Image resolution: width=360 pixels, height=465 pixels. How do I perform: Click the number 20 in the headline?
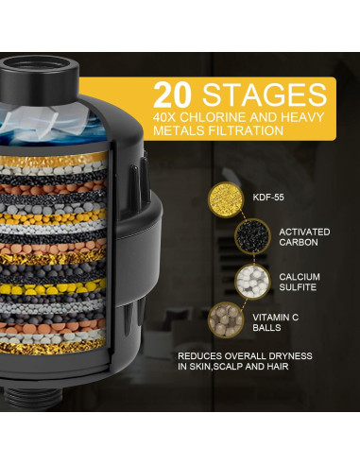(173, 95)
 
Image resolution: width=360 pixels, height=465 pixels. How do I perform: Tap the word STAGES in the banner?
(265, 95)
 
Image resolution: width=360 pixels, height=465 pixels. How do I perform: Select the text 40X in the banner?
(164, 117)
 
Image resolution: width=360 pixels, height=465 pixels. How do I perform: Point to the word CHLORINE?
(213, 117)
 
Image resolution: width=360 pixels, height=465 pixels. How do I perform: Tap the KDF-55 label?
(268, 198)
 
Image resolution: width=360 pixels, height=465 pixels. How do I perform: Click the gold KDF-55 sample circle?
(226, 198)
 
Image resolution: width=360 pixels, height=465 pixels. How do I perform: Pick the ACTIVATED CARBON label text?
(304, 237)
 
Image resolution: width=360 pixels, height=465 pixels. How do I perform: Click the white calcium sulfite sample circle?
(253, 281)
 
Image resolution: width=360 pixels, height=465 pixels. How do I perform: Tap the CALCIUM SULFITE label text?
(300, 282)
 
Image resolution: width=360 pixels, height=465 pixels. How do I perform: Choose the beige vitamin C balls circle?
(226, 320)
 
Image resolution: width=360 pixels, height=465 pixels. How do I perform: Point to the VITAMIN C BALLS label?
(276, 322)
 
